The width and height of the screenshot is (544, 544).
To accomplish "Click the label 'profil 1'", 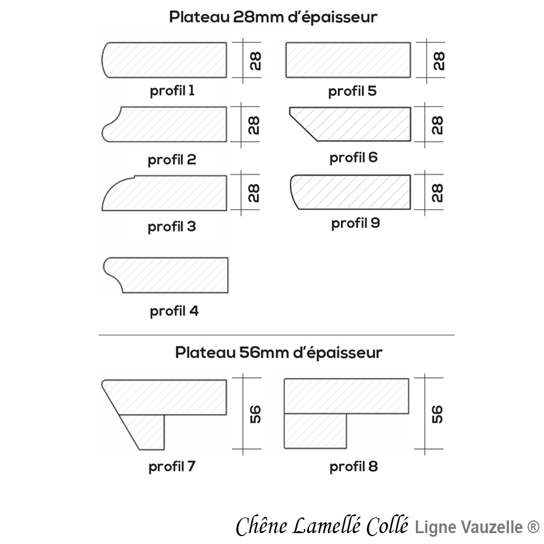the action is tap(172, 91).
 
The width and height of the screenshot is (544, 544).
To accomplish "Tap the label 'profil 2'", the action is tap(172, 160).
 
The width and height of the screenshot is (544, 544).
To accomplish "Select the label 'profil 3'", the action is tap(172, 227).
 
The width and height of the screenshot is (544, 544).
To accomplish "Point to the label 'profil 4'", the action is tap(174, 311).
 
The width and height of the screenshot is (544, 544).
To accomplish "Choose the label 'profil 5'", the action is tap(352, 91).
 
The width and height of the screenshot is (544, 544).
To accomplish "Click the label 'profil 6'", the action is tap(353, 158).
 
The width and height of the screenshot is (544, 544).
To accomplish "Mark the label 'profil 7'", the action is tap(172, 466).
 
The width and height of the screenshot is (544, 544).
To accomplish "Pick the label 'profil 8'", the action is tap(354, 467).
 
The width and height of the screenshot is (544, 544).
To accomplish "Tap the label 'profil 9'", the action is tap(355, 223).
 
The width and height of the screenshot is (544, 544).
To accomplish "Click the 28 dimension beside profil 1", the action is tap(255, 61).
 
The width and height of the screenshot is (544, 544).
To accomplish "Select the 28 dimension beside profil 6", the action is tap(437, 125).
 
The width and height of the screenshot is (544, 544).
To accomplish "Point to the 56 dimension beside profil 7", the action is tap(255, 414).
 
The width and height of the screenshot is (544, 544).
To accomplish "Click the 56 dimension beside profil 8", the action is tap(437, 414).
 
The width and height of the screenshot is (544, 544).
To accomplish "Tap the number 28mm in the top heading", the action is tap(258, 17).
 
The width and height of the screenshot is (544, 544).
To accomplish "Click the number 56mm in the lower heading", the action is tap(264, 352).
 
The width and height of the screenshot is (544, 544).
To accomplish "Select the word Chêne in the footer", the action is tap(262, 526).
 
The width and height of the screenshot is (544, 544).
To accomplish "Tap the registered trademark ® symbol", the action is tap(533, 526).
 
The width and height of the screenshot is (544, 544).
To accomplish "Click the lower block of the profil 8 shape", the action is tap(315, 431).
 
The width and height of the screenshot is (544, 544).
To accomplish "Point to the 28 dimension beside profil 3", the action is tap(254, 193).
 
